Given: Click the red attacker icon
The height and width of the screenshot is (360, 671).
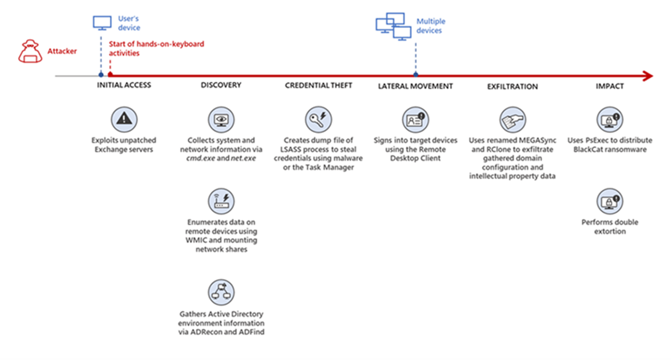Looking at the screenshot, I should [x=30, y=52].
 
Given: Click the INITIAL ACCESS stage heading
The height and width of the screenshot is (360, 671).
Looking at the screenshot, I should [x=124, y=85].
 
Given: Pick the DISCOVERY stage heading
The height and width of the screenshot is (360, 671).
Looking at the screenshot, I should [x=221, y=85].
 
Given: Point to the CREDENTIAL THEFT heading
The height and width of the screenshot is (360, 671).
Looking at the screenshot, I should [x=319, y=85].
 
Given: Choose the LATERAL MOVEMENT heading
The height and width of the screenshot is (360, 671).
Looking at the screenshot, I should [x=415, y=86].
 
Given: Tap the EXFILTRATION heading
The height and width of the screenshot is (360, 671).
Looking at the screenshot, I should [x=512, y=86].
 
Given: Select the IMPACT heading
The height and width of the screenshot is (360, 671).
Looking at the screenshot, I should [x=610, y=86].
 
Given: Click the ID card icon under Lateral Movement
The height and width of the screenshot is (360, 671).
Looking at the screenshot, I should [x=416, y=120].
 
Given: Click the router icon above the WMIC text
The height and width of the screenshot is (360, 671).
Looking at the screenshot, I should [x=221, y=202].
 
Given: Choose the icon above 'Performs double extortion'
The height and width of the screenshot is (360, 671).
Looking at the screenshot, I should [x=610, y=202].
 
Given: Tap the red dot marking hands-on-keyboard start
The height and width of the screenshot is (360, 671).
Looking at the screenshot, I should [x=110, y=76].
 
